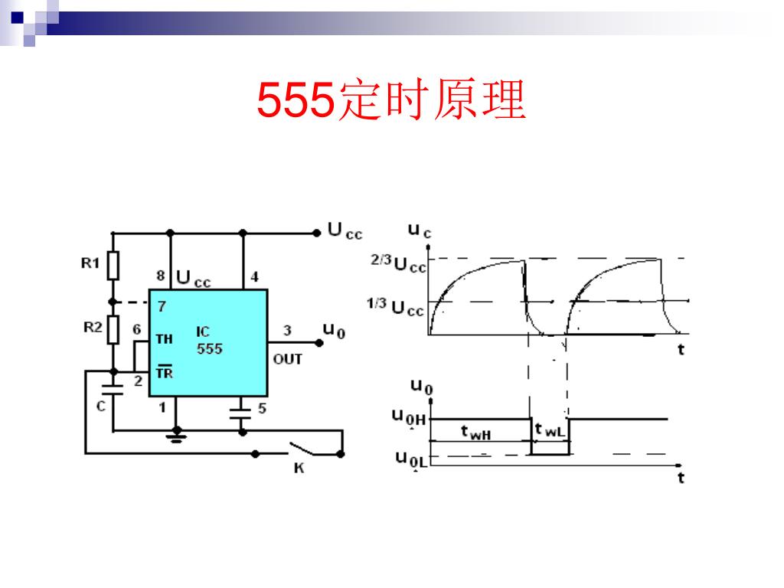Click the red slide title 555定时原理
pos(391,102)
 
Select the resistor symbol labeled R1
pos(113,266)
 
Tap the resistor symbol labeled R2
pos(113,329)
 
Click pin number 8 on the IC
pos(161,276)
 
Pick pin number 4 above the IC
pos(254,276)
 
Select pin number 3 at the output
pos(287,331)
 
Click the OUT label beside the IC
pos(288,359)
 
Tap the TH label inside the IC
pos(164,338)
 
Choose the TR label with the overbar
pos(164,373)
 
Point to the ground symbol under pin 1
pos(177,437)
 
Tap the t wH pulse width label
pos(475,433)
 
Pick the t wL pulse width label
pos(549,431)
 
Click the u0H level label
pos(410,417)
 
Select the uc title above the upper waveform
pos(419,229)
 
